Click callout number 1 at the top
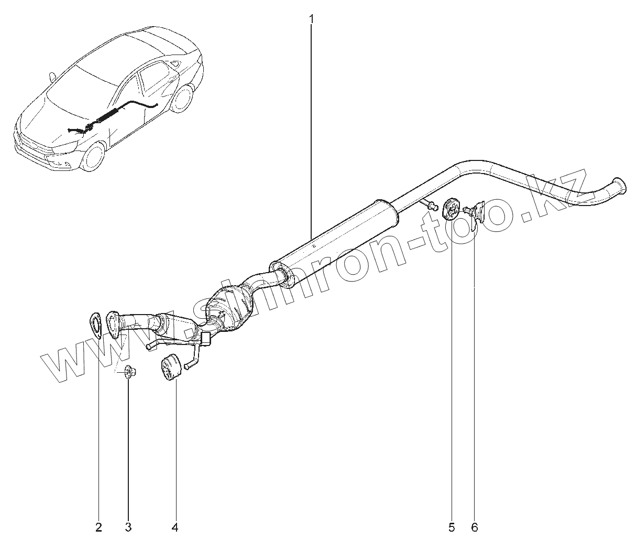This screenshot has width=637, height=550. pos(311,19)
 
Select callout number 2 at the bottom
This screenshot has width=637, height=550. pos(98,527)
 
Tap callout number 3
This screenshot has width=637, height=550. pos(128,527)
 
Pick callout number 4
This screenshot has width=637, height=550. pos(175,527)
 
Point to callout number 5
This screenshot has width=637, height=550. pos(452,527)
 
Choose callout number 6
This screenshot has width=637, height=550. pos(475,527)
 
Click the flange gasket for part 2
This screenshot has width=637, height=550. pos(95,322)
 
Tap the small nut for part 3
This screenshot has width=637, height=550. pos(128,373)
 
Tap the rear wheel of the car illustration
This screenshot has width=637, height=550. pos(182,99)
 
